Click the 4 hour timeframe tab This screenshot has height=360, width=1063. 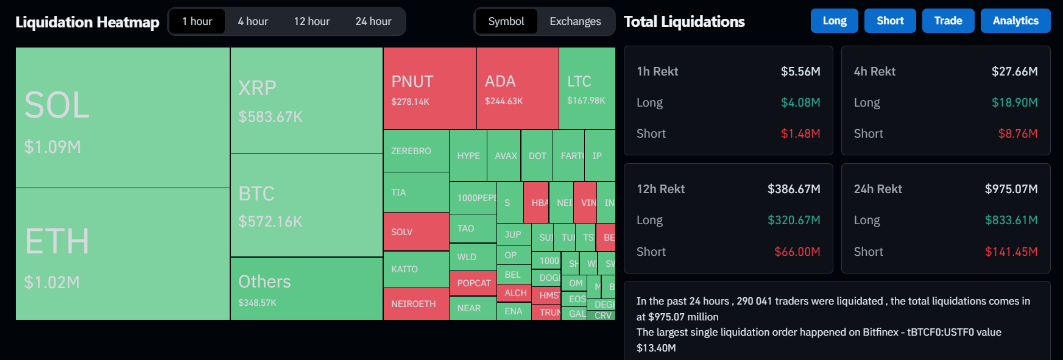pyautogui.click(x=253, y=21)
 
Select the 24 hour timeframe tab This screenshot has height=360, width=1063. pyautogui.click(x=373, y=21)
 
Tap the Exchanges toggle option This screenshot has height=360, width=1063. pyautogui.click(x=575, y=21)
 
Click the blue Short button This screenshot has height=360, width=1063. pyautogui.click(x=890, y=21)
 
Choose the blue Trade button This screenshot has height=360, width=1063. pyautogui.click(x=948, y=21)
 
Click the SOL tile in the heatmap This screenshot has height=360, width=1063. pyautogui.click(x=122, y=118)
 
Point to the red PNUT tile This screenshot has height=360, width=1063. pyautogui.click(x=429, y=88)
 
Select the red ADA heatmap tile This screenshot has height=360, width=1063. pyautogui.click(x=517, y=88)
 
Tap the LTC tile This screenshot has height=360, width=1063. pyautogui.click(x=587, y=88)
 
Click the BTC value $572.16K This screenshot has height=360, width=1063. pyautogui.click(x=270, y=222)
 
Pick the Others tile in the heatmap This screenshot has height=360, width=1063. pyautogui.click(x=306, y=289)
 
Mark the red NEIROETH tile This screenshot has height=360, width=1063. pyautogui.click(x=415, y=303)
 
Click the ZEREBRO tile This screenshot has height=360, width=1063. pyautogui.click(x=415, y=150)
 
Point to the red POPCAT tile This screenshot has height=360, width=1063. pyautogui.click(x=473, y=283)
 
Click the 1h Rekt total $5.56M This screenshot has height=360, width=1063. pyautogui.click(x=800, y=71)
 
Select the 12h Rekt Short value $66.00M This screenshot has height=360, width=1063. pyautogui.click(x=797, y=252)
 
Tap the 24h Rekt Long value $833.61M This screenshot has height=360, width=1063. pyautogui.click(x=1011, y=220)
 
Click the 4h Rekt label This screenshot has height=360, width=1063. pyautogui.click(x=875, y=71)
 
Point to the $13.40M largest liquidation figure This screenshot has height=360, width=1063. pyautogui.click(x=656, y=348)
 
